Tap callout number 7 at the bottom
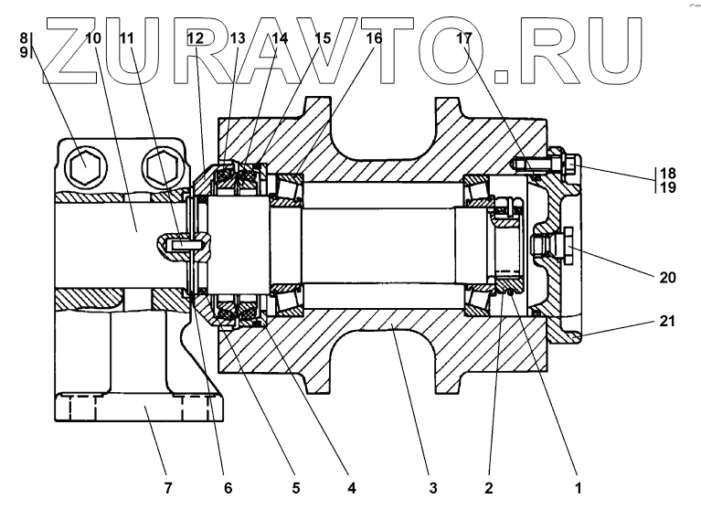click(167, 489)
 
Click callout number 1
click(577, 489)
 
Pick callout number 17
click(464, 38)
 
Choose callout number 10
click(93, 38)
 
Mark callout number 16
click(375, 38)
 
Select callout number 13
click(238, 38)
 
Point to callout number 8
click(24, 38)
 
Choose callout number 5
click(295, 489)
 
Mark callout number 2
click(489, 489)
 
